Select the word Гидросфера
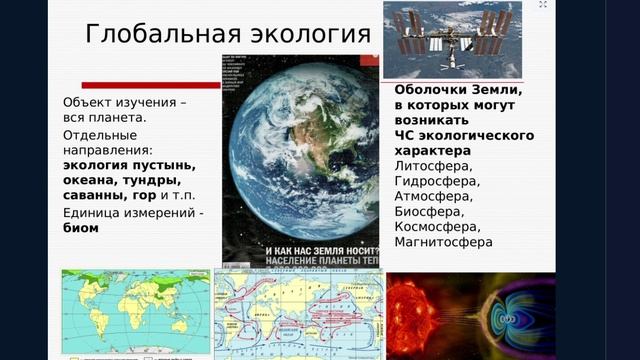coord(437,181)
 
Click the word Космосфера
coord(435,226)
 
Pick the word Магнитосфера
coord(443,241)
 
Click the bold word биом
coord(81,227)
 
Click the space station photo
coord(451,40)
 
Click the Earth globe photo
coord(299,160)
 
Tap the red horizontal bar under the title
coord(150,85)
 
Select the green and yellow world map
coord(134,312)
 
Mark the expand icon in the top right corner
coord(543,5)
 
